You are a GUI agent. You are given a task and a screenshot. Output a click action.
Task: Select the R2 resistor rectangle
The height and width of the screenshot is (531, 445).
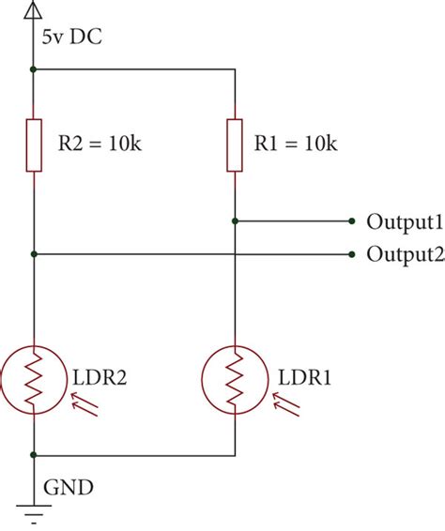pyautogui.click(x=34, y=144)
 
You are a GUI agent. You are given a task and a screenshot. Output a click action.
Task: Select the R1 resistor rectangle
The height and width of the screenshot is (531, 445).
pyautogui.click(x=234, y=144)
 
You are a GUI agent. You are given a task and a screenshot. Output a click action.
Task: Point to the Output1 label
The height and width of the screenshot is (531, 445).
pyautogui.click(x=404, y=222)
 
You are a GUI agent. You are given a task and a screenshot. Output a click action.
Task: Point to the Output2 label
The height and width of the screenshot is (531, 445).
pyautogui.click(x=404, y=253)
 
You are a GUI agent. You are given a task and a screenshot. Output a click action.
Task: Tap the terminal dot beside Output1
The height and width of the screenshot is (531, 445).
pyautogui.click(x=351, y=221)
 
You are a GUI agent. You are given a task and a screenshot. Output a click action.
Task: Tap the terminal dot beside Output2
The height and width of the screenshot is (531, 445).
pyautogui.click(x=351, y=253)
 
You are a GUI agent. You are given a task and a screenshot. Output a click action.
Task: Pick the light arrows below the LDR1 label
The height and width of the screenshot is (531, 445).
pyautogui.click(x=286, y=403)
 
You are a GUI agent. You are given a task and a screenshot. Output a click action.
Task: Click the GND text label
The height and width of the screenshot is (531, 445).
pyautogui.click(x=67, y=488)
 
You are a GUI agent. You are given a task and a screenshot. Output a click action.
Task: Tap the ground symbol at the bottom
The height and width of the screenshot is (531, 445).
pyautogui.click(x=34, y=513)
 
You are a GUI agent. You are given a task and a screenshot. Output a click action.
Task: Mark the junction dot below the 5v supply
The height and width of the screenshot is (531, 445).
pyautogui.click(x=34, y=69)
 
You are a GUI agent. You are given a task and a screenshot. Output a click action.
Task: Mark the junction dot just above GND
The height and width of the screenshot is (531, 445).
pyautogui.click(x=34, y=455)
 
